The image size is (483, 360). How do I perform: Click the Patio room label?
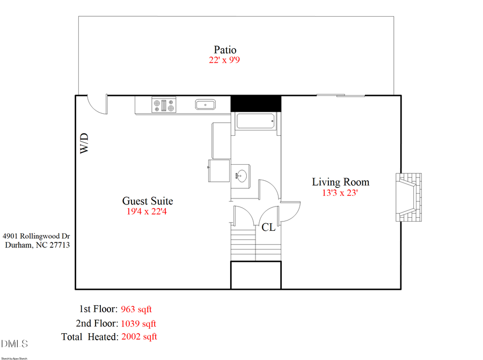[x=225, y=50]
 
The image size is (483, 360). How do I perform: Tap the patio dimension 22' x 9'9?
[x=224, y=61]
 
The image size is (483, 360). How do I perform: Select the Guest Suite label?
[x=148, y=201]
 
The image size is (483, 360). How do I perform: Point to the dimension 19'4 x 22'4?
[x=148, y=211]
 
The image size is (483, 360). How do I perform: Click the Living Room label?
[x=341, y=182]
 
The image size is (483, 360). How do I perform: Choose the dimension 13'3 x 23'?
[x=340, y=193]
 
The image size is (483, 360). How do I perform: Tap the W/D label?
[x=84, y=144]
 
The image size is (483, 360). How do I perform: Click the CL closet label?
[x=268, y=227]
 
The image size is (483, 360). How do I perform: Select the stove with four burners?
[x=164, y=105]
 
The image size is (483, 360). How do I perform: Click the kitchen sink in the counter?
[x=205, y=105]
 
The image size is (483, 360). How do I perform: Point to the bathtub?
[x=255, y=121]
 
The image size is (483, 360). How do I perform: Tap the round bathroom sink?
[x=242, y=175]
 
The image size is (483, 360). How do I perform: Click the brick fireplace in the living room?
[x=408, y=197]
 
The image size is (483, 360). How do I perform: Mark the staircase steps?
[x=255, y=244]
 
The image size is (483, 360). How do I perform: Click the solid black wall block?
[x=255, y=103]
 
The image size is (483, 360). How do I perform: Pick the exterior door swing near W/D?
[x=97, y=104]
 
